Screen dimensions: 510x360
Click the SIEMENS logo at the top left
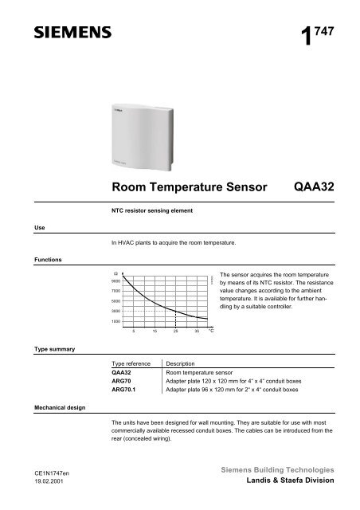[61, 35]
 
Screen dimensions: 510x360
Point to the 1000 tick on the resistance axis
[115, 320]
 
